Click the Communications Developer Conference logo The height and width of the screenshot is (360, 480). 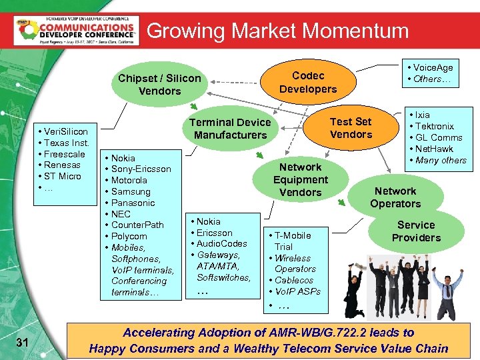[76, 30]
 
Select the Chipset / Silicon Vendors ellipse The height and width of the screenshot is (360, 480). [159, 85]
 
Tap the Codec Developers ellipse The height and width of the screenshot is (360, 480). [308, 83]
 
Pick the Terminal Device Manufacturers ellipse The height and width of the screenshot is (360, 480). [230, 129]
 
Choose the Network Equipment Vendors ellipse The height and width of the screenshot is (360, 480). [300, 180]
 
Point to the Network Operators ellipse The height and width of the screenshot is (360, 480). [395, 197]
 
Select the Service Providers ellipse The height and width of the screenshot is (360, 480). [416, 231]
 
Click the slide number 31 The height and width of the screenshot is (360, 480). [22, 343]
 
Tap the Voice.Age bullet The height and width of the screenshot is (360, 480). [433, 67]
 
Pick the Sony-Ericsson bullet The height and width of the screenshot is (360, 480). [141, 169]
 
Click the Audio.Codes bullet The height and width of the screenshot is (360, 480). [222, 244]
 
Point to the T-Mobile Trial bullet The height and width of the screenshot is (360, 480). [293, 241]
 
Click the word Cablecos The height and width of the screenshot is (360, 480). [294, 281]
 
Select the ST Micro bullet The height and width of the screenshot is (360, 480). [63, 176]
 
